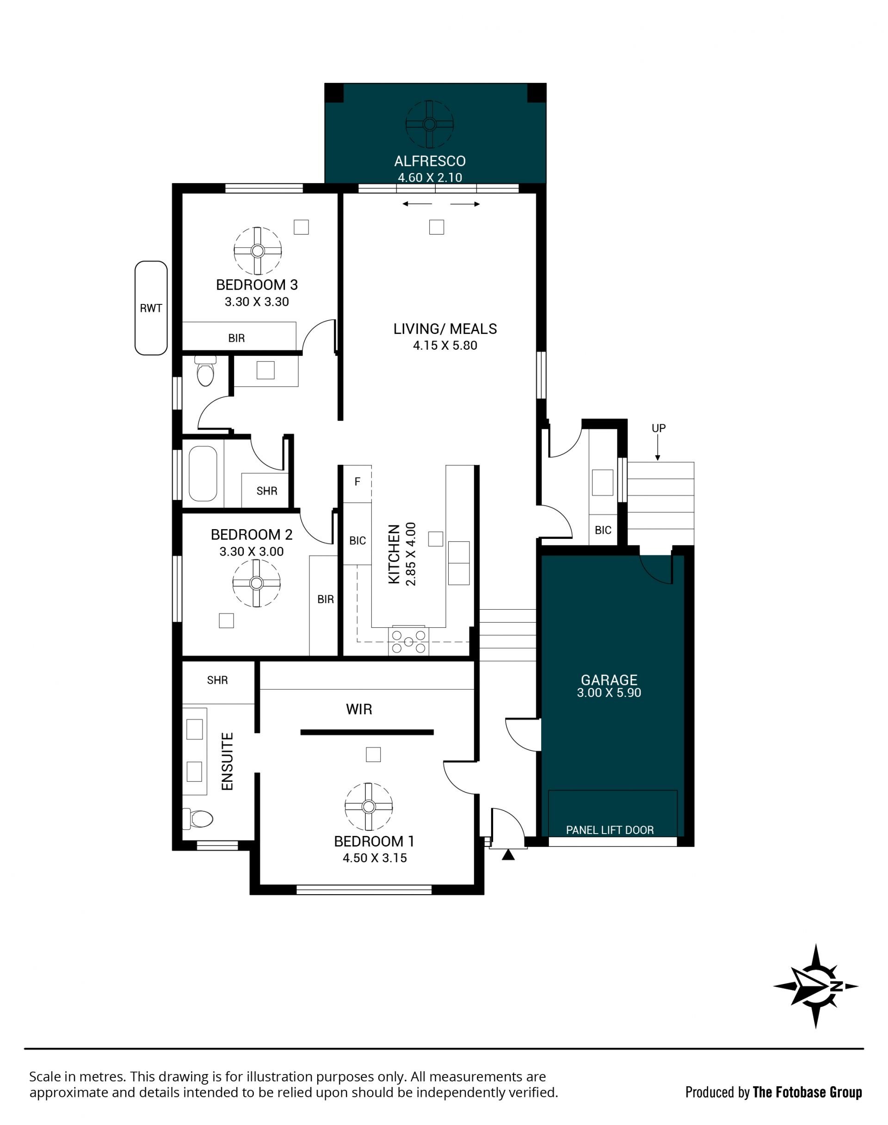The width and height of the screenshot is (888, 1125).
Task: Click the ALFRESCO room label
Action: (430, 161)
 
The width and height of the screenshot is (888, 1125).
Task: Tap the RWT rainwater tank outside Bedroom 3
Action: (151, 308)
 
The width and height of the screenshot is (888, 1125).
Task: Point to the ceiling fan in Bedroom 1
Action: (369, 807)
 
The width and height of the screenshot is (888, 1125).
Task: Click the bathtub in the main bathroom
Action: (203, 474)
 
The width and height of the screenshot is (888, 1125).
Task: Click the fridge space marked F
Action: (358, 482)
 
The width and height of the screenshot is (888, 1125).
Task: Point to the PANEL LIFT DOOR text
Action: (610, 830)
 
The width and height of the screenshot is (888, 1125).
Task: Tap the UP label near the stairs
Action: (659, 428)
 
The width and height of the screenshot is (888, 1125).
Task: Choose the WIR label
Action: (359, 709)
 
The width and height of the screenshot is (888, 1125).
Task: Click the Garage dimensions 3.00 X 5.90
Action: (609, 692)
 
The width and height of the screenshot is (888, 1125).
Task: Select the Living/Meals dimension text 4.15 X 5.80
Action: (445, 345)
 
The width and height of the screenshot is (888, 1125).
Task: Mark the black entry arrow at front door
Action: (508, 855)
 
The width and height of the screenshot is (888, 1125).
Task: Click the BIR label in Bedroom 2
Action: (326, 600)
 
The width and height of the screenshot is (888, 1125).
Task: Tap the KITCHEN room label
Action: (395, 554)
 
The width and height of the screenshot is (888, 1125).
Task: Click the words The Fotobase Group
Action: (808, 1092)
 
